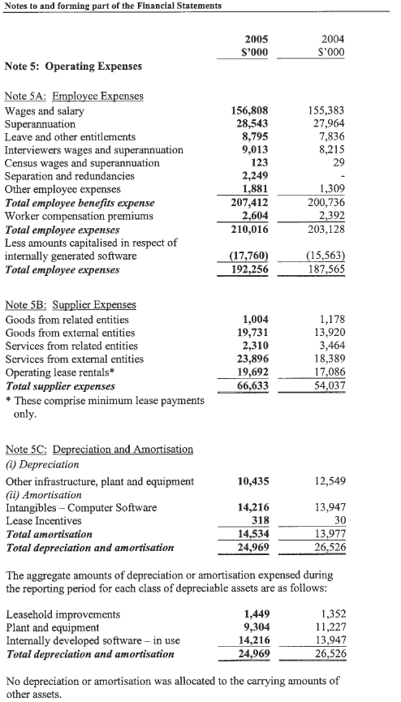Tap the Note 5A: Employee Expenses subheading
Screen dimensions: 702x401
(x=74, y=96)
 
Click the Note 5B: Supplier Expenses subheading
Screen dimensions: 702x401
(x=71, y=305)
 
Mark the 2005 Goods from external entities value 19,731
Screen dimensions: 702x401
(x=253, y=333)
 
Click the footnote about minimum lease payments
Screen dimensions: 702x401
(x=105, y=406)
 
